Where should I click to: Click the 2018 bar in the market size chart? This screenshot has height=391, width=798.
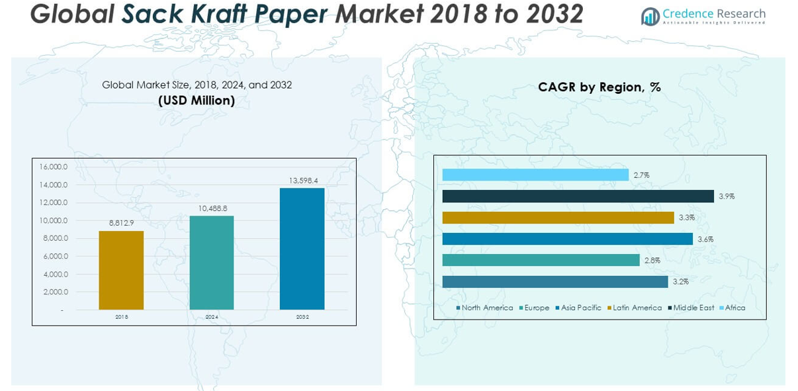121,270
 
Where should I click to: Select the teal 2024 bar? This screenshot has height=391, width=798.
212,262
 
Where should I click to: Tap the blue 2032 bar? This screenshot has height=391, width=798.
302,249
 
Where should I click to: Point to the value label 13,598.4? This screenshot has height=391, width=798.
303,180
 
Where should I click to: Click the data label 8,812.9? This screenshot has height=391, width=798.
122,223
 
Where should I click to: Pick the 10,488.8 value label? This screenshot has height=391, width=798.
212,208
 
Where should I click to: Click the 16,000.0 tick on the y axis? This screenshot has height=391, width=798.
54,167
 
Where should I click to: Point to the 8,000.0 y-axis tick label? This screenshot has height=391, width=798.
54,238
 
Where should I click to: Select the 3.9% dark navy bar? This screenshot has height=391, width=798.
578,196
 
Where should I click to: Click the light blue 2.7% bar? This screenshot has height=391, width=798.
535,175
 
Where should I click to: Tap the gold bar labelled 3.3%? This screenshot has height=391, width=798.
558,218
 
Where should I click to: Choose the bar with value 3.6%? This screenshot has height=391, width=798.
567,239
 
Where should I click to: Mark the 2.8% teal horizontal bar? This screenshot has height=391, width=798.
541,261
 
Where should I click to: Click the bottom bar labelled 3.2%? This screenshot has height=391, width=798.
555,282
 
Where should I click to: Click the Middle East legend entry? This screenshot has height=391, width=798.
693,308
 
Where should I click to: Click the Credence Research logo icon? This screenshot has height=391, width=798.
650,17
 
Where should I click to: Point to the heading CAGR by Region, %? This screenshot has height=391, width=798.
599,87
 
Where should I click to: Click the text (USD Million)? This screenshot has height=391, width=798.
197,101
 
